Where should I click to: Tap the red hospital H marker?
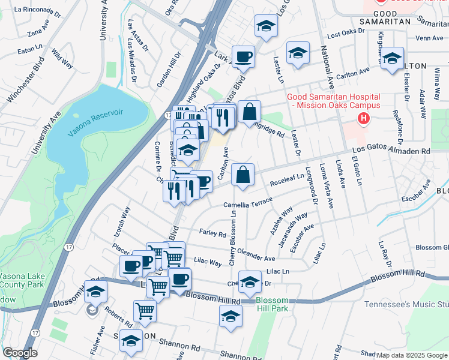click(x=363, y=119)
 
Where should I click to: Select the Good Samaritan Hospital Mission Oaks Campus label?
click(x=333, y=101)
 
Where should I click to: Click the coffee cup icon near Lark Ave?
click(x=243, y=57)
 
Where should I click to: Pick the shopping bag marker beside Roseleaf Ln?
click(x=243, y=175)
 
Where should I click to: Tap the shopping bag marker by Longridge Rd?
click(x=249, y=112)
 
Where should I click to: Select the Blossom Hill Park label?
click(x=272, y=304)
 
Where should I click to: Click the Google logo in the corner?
click(x=20, y=353)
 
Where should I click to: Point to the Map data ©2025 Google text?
click(x=412, y=355)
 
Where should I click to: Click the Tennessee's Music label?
click(x=406, y=304)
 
